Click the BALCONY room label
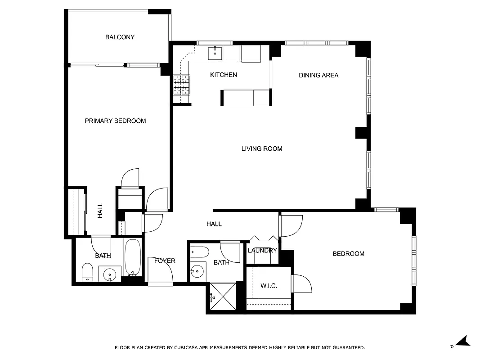pyautogui.click(x=120, y=37)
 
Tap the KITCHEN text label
pyautogui.click(x=223, y=75)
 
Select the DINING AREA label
pyautogui.click(x=318, y=75)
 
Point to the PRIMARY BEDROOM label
pyautogui.click(x=115, y=121)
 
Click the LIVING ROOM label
pyautogui.click(x=261, y=148)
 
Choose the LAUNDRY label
pyautogui.click(x=262, y=250)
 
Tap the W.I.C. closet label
pyautogui.click(x=269, y=286)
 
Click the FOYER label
pyautogui.click(x=165, y=261)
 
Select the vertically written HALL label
pyautogui.click(x=100, y=211)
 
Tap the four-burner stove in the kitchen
pyautogui.click(x=182, y=85)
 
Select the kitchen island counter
pyautogui.click(x=246, y=98)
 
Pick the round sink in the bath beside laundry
pyautogui.click(x=197, y=271)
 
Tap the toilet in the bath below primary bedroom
pyautogui.click(x=87, y=272)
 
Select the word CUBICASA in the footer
pyautogui.click(x=188, y=347)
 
